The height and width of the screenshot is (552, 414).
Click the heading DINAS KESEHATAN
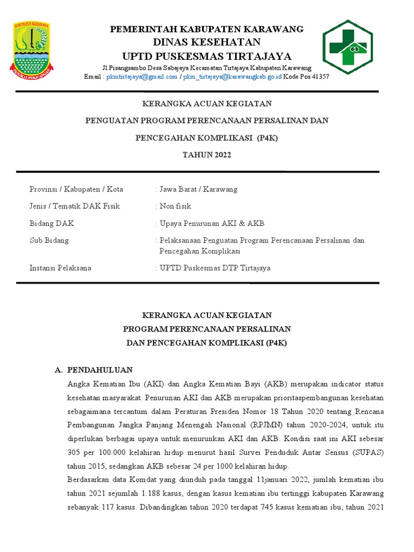click(x=207, y=42)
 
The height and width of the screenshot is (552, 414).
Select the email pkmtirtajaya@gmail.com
click(x=142, y=77)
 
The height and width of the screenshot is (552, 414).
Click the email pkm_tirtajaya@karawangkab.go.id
click(x=232, y=77)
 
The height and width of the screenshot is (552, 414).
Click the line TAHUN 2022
click(x=207, y=155)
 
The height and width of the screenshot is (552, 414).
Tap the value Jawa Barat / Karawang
click(x=198, y=189)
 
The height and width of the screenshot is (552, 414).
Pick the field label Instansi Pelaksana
click(x=60, y=268)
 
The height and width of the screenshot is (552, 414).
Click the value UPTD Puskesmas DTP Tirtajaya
click(x=215, y=268)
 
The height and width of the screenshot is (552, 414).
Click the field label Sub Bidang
click(x=49, y=240)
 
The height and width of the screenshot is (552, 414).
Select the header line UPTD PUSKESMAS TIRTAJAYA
click(x=207, y=56)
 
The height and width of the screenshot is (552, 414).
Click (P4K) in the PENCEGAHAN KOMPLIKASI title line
click(x=267, y=138)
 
